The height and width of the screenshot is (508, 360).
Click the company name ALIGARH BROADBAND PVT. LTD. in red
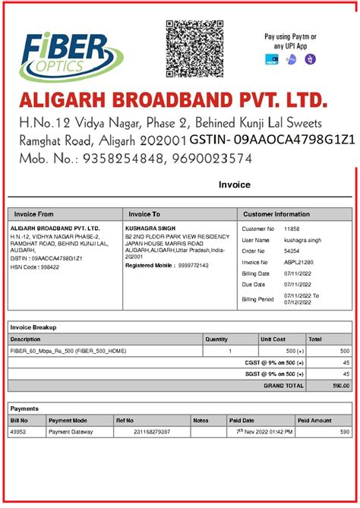click(x=174, y=100)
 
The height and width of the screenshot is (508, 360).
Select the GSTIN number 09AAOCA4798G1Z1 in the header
click(x=294, y=140)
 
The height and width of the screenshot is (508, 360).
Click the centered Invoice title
click(x=234, y=185)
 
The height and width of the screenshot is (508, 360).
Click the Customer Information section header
click(x=276, y=214)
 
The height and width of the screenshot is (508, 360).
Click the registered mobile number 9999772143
click(x=193, y=266)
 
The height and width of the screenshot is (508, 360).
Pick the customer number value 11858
click(x=292, y=229)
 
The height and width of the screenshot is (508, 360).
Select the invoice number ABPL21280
click(x=296, y=262)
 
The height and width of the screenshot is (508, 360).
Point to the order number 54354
click(x=292, y=251)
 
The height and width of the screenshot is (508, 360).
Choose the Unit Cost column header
click(x=273, y=339)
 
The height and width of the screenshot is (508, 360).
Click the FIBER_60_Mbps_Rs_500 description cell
click(x=68, y=351)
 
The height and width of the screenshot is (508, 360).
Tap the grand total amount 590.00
click(x=339, y=386)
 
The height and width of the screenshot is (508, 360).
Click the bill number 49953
click(x=19, y=431)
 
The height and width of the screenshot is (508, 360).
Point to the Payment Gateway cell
click(x=71, y=431)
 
